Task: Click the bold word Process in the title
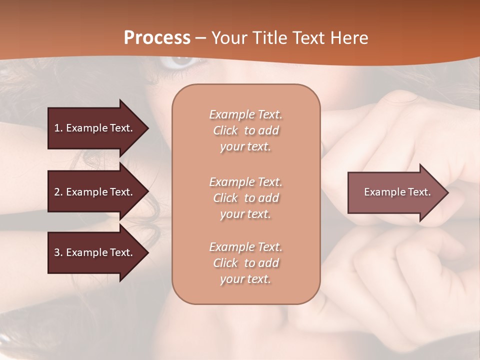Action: point(157,38)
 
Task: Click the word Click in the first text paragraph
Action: point(225,130)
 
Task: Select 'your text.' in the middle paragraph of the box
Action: point(245,214)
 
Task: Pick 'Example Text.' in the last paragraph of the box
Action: point(245,247)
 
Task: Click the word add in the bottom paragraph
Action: point(269,263)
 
